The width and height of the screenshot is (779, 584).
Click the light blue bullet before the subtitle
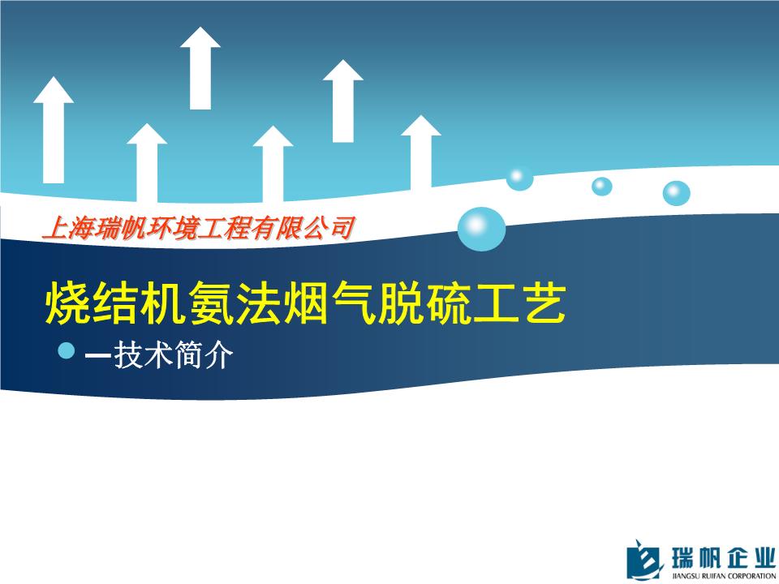tap(66, 350)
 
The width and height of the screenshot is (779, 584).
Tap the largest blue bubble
tap(481, 229)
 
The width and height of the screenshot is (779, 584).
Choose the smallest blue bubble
tap(601, 187)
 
